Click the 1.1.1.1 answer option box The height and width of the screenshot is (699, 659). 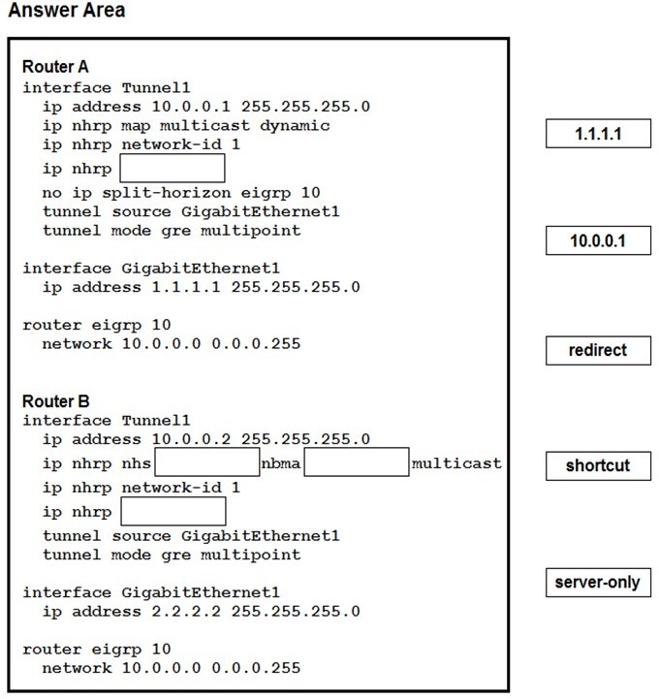click(598, 133)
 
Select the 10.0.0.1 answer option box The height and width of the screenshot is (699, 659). click(598, 240)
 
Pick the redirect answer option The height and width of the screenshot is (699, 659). click(598, 350)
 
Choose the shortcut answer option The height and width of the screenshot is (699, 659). click(598, 466)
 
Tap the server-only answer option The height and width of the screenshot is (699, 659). click(598, 583)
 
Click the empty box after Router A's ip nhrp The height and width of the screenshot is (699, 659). click(173, 168)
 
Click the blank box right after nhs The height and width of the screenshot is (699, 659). click(207, 462)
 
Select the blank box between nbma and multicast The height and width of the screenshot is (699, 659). click(357, 462)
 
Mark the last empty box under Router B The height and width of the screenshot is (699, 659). click(173, 511)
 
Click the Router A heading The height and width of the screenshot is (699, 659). click(55, 67)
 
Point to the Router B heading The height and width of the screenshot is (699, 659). click(55, 401)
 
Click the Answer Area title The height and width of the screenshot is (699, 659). click(67, 11)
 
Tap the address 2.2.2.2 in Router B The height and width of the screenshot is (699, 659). click(186, 611)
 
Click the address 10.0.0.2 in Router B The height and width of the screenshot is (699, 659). click(191, 439)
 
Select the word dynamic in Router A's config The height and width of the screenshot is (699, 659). click(295, 126)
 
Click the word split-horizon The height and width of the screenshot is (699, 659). click(166, 193)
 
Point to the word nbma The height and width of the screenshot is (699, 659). click(281, 463)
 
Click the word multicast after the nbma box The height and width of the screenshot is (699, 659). click(456, 463)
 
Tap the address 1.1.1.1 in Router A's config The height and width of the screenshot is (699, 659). click(186, 287)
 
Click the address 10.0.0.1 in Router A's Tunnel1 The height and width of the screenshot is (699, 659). click(191, 107)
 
